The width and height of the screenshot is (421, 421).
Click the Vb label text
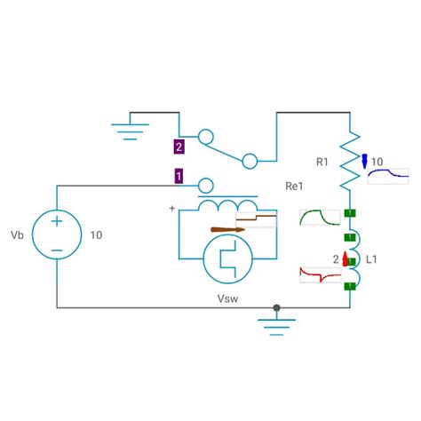pyautogui.click(x=17, y=235)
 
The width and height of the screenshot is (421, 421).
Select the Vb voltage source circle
pyautogui.click(x=56, y=235)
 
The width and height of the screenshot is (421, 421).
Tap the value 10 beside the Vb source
pyautogui.click(x=96, y=235)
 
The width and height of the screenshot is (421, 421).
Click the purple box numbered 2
pyautogui.click(x=179, y=147)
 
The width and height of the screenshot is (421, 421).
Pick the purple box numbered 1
pyautogui.click(x=179, y=176)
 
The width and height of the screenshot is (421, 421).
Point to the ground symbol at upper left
pyautogui.click(x=130, y=130)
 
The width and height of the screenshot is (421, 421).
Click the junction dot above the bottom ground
pyautogui.click(x=277, y=308)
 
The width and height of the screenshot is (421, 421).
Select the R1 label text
pyautogui.click(x=322, y=162)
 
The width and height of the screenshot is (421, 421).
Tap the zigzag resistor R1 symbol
pyautogui.click(x=350, y=160)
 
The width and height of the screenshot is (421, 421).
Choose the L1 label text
pyautogui.click(x=372, y=259)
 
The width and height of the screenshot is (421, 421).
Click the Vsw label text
pyautogui.click(x=227, y=298)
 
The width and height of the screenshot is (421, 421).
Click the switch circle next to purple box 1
pyautogui.click(x=205, y=185)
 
